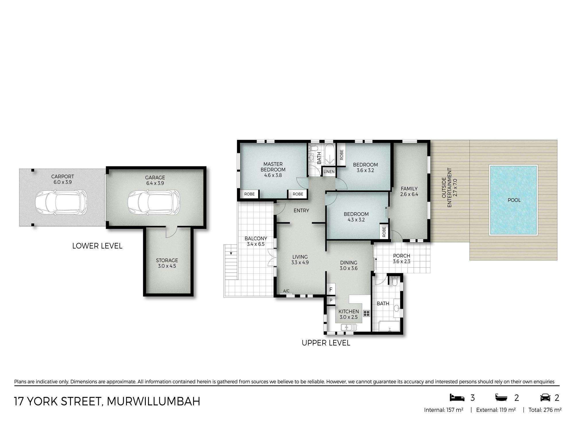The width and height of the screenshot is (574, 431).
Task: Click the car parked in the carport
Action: tap(61, 202)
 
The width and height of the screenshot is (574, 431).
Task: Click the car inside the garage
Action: tap(154, 202)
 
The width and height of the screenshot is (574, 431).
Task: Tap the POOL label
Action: tap(514, 200)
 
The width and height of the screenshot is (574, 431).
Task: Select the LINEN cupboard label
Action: tap(329, 172)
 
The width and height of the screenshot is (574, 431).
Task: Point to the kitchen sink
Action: tap(349, 327)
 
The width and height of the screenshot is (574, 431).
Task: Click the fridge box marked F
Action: tap(331, 290)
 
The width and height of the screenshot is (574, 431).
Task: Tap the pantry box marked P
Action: tap(331, 300)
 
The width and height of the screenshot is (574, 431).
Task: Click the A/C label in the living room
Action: tap(286, 291)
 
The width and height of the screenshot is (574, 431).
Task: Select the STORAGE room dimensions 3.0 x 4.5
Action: tap(167, 266)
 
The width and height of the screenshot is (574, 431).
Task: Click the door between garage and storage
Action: tap(171, 232)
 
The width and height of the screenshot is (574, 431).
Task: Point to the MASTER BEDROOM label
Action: tap(273, 167)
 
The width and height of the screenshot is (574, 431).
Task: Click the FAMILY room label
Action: tap(409, 189)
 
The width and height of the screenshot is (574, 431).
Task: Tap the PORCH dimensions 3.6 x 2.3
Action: tap(402, 261)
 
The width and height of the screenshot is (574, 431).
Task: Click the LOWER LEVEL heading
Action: tap(97, 246)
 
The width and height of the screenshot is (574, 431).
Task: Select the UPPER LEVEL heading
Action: tap(326, 343)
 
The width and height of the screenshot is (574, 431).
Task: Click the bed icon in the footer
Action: tap(457, 398)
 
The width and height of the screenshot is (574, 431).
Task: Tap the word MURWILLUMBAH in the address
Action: tap(154, 401)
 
